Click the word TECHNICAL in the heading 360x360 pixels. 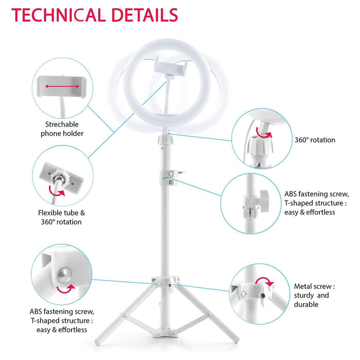pyautogui.click(x=59, y=15)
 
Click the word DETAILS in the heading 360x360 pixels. pyautogui.click(x=145, y=15)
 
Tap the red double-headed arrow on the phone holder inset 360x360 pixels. pyautogui.click(x=62, y=86)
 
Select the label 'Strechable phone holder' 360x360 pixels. pyautogui.click(x=62, y=129)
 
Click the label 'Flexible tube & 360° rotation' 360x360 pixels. pyautogui.click(x=62, y=217)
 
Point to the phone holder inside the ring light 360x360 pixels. pyautogui.click(x=171, y=66)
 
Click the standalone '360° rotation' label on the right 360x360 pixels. pyautogui.click(x=315, y=140)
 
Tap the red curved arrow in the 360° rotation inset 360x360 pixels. pyautogui.click(x=263, y=133)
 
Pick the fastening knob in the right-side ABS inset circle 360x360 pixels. pyautogui.click(x=264, y=198)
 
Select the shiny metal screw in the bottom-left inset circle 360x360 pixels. pyautogui.click(x=64, y=275)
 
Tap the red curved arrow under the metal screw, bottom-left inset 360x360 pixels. pyautogui.click(x=66, y=289)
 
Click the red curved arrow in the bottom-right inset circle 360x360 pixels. pyautogui.click(x=264, y=281)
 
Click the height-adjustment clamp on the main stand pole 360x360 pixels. pyautogui.click(x=170, y=177)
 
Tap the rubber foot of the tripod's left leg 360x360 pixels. pyautogui.click(x=97, y=342)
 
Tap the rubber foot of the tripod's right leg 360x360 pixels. pyautogui.click(x=236, y=340)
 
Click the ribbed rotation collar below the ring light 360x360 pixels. pyautogui.click(x=165, y=139)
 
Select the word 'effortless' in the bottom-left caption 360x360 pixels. pyautogui.click(x=73, y=330)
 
